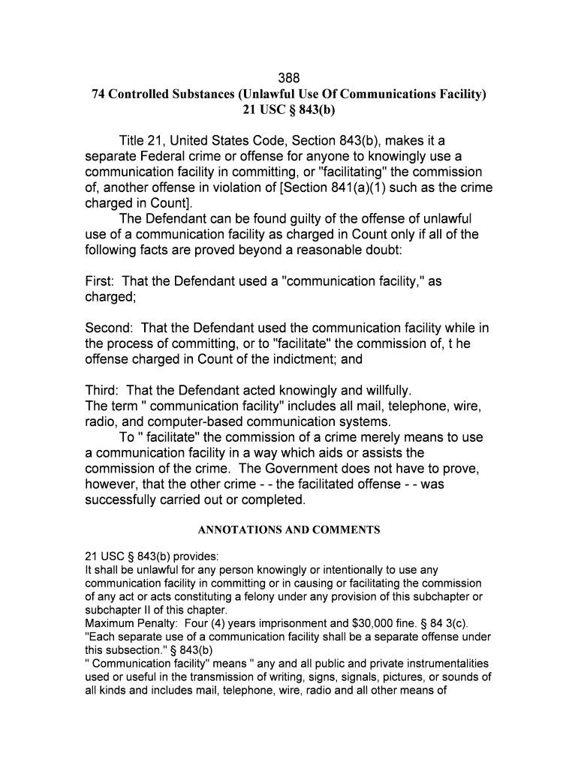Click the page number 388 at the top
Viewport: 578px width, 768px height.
(289, 78)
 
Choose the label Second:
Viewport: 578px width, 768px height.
(110, 328)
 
